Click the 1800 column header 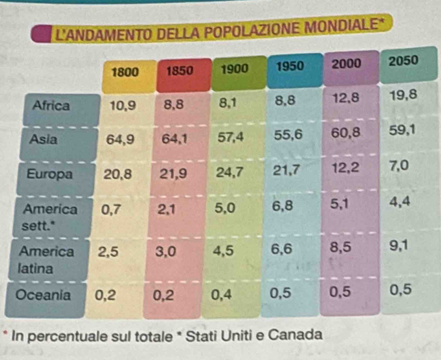tap(125, 72)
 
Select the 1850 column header tap(180, 71)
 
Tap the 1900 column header tap(235, 69)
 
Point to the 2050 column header tap(404, 61)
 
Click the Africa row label tap(51, 106)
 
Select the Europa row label tap(50, 174)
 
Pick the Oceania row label tap(44, 295)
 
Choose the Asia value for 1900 tap(230, 137)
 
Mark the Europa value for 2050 tap(400, 165)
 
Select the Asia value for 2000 tap(346, 133)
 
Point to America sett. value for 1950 tap(282, 206)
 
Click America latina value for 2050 tap(399, 246)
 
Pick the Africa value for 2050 tap(402, 96)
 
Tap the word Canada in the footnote tap(298, 335)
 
